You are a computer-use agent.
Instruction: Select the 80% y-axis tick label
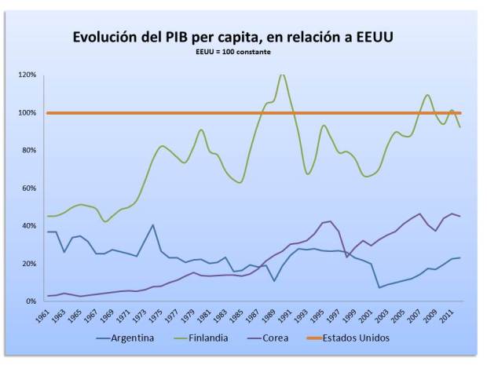(x=27, y=151)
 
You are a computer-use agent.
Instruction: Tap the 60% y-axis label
(x=27, y=188)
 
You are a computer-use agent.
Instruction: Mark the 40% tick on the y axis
(x=27, y=226)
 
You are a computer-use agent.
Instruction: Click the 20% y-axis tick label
(x=27, y=264)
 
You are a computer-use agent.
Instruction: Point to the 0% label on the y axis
(x=30, y=301)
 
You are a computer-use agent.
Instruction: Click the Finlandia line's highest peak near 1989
(x=282, y=75)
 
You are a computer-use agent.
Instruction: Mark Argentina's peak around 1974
(x=152, y=225)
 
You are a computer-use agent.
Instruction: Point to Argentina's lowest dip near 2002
(x=379, y=287)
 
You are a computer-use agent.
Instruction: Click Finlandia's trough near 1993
(x=308, y=173)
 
